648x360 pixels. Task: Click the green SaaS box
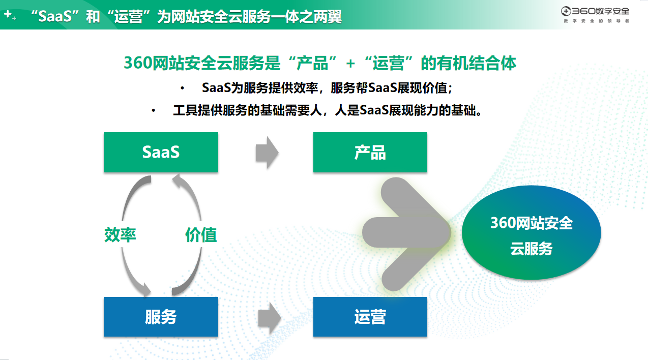point(161,153)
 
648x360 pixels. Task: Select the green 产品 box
point(370,153)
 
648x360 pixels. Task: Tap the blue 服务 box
point(161,317)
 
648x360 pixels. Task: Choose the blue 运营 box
point(370,317)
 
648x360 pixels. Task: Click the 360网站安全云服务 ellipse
point(531,233)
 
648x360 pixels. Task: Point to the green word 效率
point(120,234)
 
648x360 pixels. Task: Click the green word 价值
point(201,234)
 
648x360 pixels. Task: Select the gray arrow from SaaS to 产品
point(267,153)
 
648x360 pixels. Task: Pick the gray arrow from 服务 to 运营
point(269,318)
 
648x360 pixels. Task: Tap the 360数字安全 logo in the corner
point(595,11)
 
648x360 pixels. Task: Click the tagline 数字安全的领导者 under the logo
point(596,21)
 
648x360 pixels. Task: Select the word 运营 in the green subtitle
point(388,63)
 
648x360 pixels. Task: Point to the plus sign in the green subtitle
point(350,64)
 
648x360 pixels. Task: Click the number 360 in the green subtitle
point(138,63)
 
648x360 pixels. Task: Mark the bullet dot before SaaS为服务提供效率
point(182,88)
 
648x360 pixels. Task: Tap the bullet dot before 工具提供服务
point(153,110)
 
